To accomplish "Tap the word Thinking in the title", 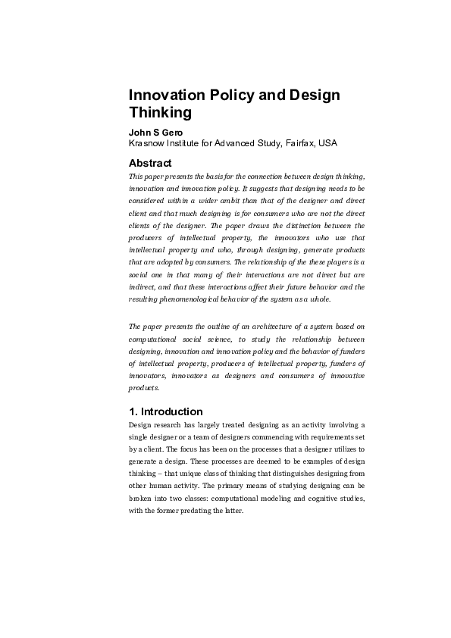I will pyautogui.click(x=161, y=113).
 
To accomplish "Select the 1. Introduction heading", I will pyautogui.click(x=166, y=411).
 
